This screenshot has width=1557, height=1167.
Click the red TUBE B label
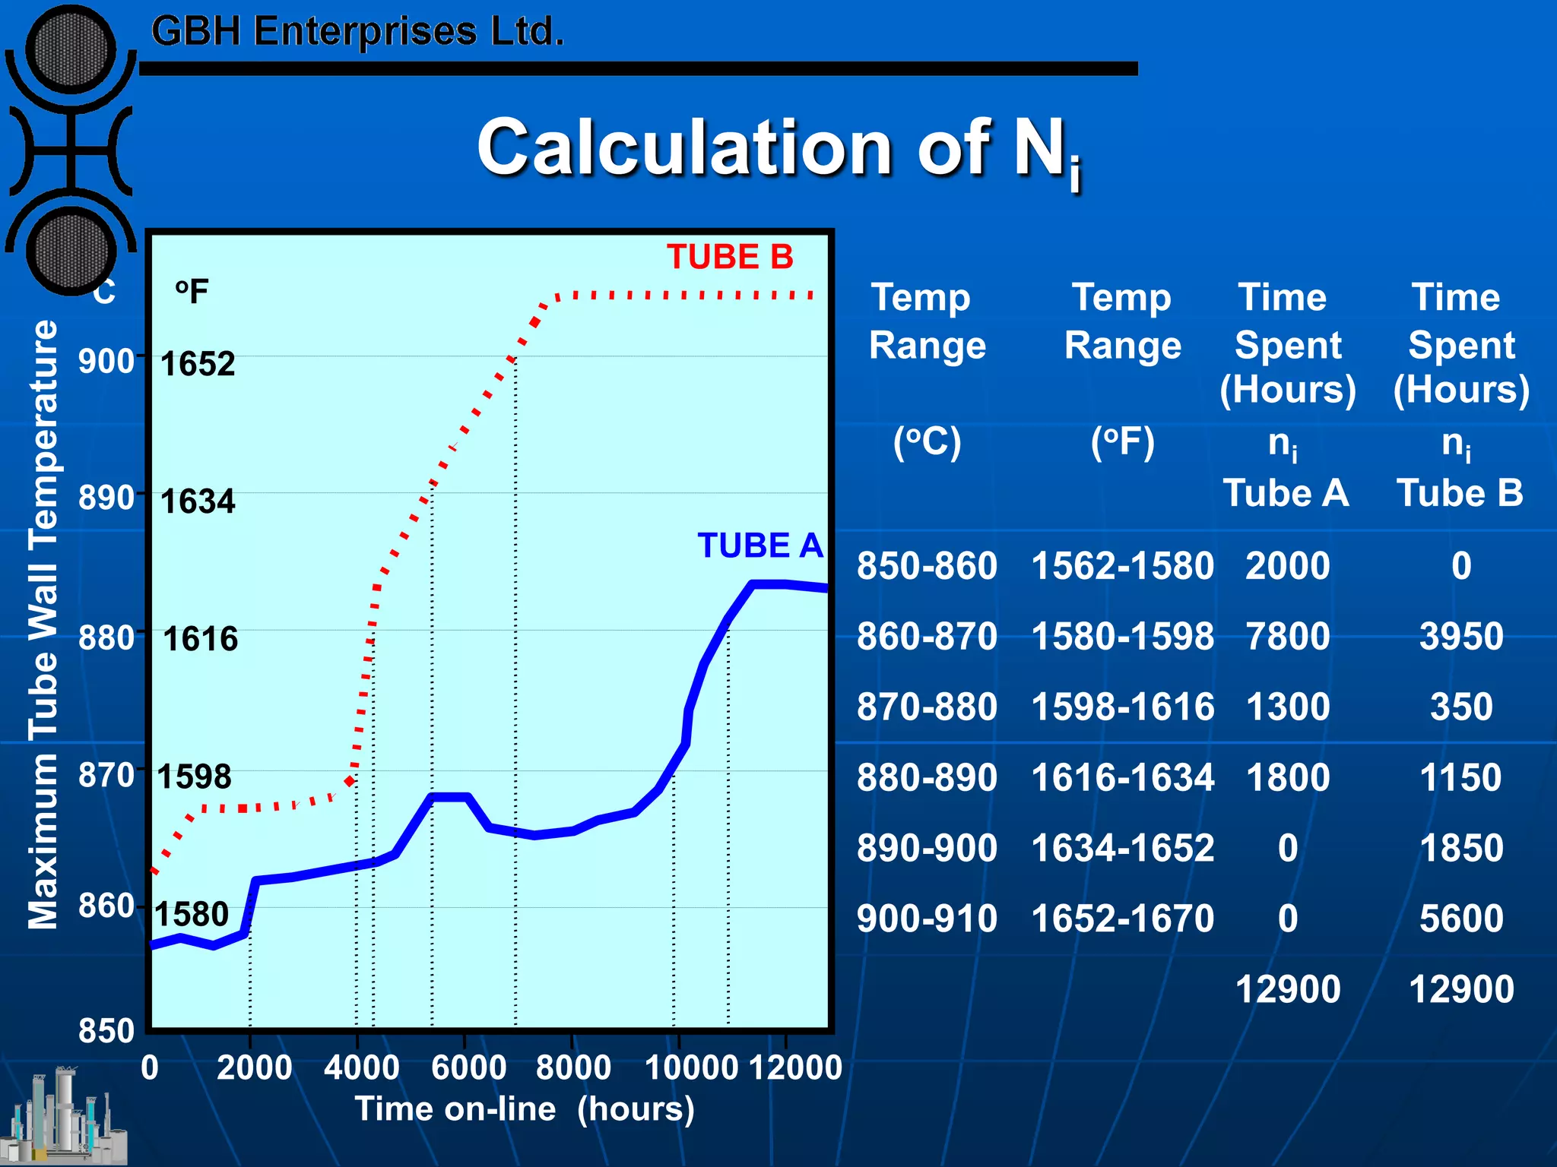point(730,257)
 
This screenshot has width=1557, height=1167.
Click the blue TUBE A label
point(759,546)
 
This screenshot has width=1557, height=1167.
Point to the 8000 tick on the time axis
point(573,1067)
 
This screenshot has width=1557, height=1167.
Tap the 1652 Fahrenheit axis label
point(198,363)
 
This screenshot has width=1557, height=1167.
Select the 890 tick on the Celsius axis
point(106,498)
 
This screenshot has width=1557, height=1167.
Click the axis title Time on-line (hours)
point(525,1109)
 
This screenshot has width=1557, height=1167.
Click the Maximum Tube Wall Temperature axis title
point(43,625)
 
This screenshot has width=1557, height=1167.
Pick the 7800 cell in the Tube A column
point(1287,636)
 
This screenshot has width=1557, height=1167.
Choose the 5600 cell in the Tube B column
point(1461,918)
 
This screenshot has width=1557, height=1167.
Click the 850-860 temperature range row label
point(927,566)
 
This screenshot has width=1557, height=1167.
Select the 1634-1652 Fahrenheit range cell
point(1122,848)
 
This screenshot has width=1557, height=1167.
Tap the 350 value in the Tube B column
point(1461,707)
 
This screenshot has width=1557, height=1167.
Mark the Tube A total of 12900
point(1287,989)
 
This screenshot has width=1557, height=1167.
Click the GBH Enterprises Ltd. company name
point(357,32)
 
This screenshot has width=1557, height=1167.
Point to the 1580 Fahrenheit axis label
point(192,914)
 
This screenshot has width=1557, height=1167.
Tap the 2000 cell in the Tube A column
point(1287,566)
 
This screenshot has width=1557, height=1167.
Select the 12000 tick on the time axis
point(795,1067)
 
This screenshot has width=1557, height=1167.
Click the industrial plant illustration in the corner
point(65,1117)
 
